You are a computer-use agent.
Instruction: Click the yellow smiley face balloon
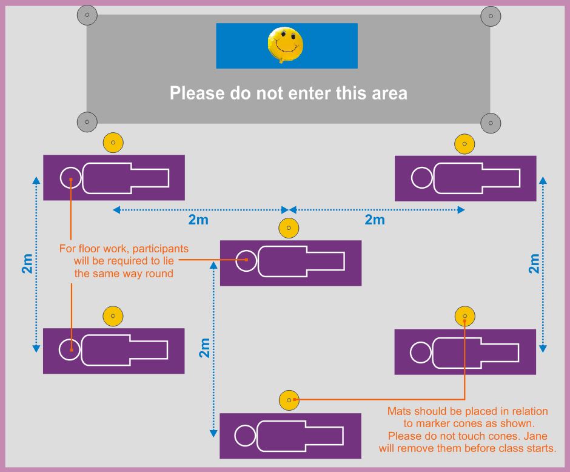click(285, 44)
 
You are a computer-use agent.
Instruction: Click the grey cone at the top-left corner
click(87, 15)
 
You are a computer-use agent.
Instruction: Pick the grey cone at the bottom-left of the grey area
click(87, 122)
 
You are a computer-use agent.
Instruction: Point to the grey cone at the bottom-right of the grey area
click(490, 123)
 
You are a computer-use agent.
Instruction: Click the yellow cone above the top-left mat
click(113, 143)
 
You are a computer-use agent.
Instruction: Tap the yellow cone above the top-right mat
click(464, 144)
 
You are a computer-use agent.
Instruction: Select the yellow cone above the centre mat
click(289, 229)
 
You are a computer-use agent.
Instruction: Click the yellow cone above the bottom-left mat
click(113, 316)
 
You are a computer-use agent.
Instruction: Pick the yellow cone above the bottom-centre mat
click(289, 400)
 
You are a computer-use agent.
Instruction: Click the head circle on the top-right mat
click(421, 178)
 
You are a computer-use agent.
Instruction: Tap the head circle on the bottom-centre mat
click(246, 436)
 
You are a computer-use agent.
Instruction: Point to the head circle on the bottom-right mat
click(420, 352)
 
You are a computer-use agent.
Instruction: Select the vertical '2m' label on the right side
click(534, 263)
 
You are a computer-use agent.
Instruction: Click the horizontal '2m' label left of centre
click(198, 220)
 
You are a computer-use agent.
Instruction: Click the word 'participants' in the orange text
click(160, 249)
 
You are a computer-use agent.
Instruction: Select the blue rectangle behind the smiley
click(236, 46)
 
